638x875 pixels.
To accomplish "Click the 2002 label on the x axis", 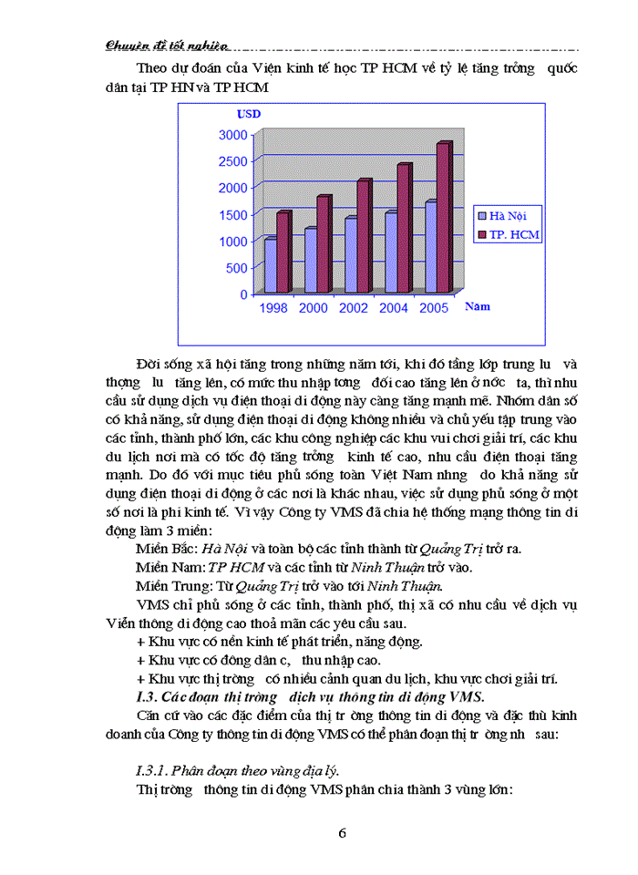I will [x=354, y=308].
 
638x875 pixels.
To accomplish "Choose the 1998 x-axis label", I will [x=273, y=308].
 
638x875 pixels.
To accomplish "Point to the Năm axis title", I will [x=478, y=307].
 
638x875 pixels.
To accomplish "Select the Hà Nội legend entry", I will [x=508, y=216].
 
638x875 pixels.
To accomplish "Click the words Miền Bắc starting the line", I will [x=160, y=548].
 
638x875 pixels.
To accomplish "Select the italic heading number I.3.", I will [x=146, y=696].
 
